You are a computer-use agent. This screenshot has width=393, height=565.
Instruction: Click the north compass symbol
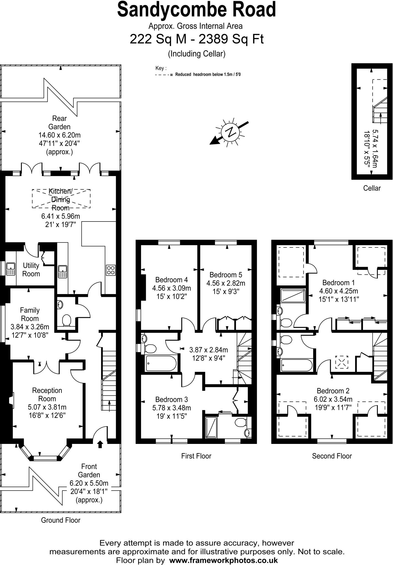click(231, 132)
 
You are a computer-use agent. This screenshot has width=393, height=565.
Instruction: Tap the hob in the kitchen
click(111, 270)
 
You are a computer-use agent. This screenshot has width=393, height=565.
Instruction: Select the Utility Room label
click(31, 270)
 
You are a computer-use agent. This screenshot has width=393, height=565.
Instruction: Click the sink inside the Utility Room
click(11, 269)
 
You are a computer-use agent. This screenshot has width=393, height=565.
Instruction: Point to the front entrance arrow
click(100, 444)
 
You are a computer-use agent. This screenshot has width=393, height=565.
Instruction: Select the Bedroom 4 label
click(171, 279)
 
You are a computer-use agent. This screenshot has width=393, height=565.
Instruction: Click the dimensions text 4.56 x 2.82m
click(226, 283)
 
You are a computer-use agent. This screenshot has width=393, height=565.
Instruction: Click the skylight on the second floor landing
click(342, 362)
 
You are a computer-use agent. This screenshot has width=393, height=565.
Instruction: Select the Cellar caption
click(372, 188)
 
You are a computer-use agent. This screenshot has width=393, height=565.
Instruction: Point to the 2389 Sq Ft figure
click(231, 39)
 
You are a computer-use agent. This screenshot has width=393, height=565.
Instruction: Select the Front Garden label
click(89, 471)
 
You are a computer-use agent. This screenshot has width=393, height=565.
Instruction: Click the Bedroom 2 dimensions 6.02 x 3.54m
click(333, 399)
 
